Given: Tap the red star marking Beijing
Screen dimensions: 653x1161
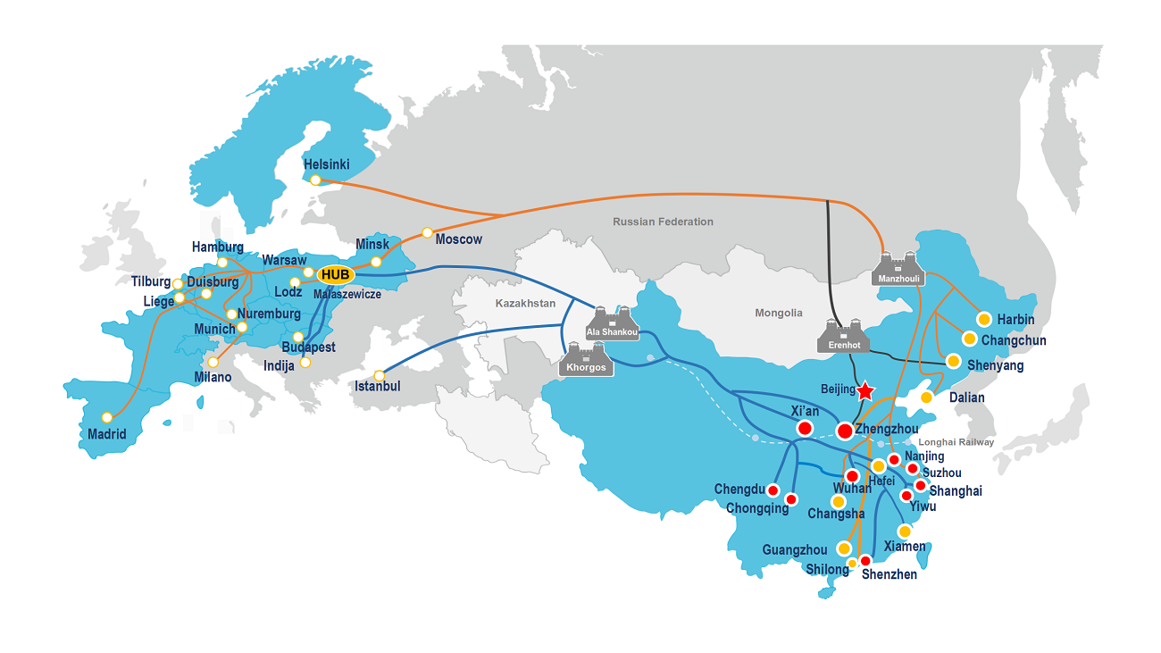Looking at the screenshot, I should point(864,391).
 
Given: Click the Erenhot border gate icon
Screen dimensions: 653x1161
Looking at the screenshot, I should point(843,335).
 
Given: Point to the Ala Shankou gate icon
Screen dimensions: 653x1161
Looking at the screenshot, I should point(613,322).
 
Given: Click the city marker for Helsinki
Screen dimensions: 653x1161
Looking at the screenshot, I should point(315,180).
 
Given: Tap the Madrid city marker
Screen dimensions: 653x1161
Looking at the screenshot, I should point(107,417).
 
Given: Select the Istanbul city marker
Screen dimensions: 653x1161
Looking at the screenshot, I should point(379,375).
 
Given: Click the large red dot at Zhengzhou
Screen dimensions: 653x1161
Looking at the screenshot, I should point(844,431).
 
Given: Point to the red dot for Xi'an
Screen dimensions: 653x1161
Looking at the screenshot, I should point(805,429).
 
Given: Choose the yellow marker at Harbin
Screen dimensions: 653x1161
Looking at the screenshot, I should point(983,319).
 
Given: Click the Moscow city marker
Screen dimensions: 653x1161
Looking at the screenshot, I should point(427,232).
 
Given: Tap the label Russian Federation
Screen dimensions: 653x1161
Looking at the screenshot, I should point(663,222).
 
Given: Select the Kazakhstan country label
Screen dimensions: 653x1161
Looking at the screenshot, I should point(525,304).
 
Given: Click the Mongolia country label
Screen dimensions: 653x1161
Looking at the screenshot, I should point(779,313).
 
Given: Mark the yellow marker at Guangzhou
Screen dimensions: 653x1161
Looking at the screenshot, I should point(844,548).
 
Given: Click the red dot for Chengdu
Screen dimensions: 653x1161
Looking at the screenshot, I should point(773,490).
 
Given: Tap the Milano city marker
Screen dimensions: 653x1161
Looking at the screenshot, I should point(213,362).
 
